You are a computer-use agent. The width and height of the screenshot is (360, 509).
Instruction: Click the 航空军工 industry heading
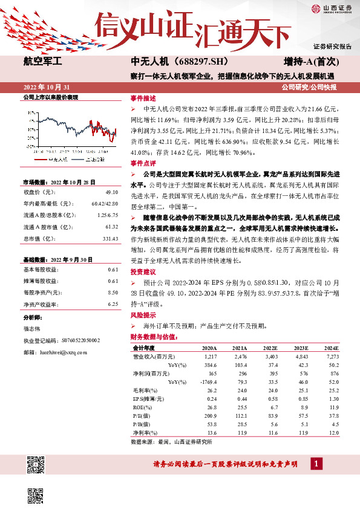click(46, 61)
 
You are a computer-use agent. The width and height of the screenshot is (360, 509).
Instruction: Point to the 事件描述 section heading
click(143, 98)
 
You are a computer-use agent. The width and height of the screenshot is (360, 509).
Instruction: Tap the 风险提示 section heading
click(143, 316)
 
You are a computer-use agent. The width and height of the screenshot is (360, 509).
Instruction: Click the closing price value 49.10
click(111, 192)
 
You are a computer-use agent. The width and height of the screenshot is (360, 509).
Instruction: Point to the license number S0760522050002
click(84, 340)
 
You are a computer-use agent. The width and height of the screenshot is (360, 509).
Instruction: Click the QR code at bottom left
click(38, 465)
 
